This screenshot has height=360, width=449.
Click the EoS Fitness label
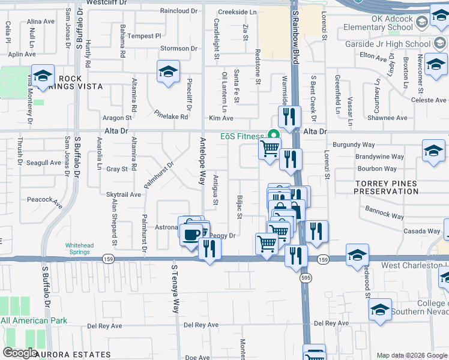click(x=243, y=136)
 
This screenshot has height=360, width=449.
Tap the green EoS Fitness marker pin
click(x=274, y=136)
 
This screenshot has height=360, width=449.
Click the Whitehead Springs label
click(x=79, y=248)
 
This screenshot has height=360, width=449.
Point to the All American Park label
click(x=34, y=321)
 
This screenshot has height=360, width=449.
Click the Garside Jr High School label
click(x=388, y=44)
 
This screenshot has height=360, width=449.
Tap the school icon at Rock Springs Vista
click(x=43, y=76)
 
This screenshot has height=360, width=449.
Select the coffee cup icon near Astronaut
click(x=192, y=234)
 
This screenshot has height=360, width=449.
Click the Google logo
click(x=20, y=352)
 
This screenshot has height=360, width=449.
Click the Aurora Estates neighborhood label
click(x=73, y=355)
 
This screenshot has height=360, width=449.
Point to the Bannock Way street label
click(x=384, y=211)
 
